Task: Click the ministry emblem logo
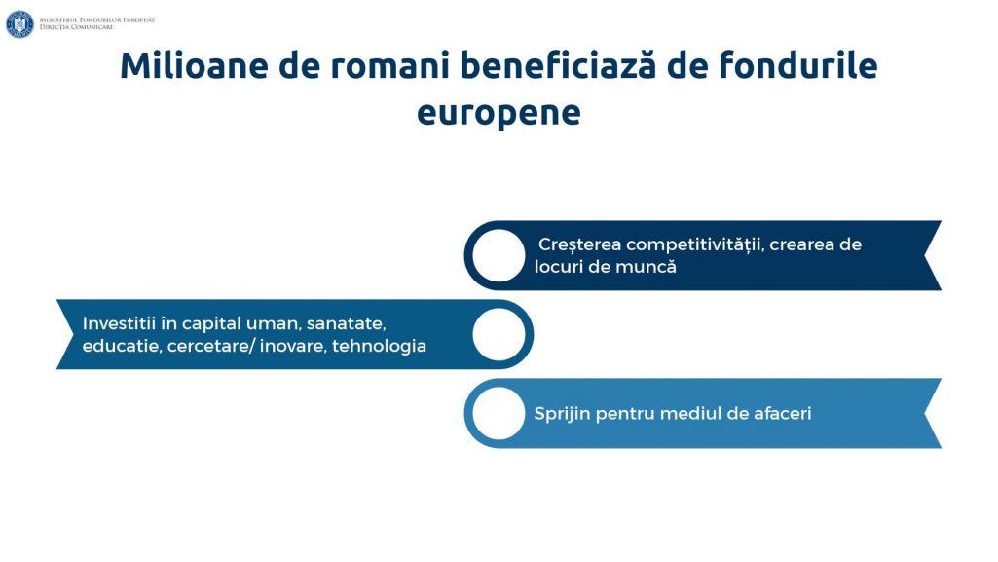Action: [x=19, y=24]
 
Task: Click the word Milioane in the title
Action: [x=194, y=65]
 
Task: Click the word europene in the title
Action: [x=499, y=113]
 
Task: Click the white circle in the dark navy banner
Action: [x=499, y=255]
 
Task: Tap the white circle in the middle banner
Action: [x=499, y=334]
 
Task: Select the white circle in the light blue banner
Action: [x=499, y=413]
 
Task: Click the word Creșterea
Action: [x=580, y=245]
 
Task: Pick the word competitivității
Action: [x=694, y=245]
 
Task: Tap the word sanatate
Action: [x=347, y=324]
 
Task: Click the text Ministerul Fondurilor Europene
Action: [x=97, y=20]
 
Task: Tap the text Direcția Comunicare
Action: [x=76, y=27]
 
